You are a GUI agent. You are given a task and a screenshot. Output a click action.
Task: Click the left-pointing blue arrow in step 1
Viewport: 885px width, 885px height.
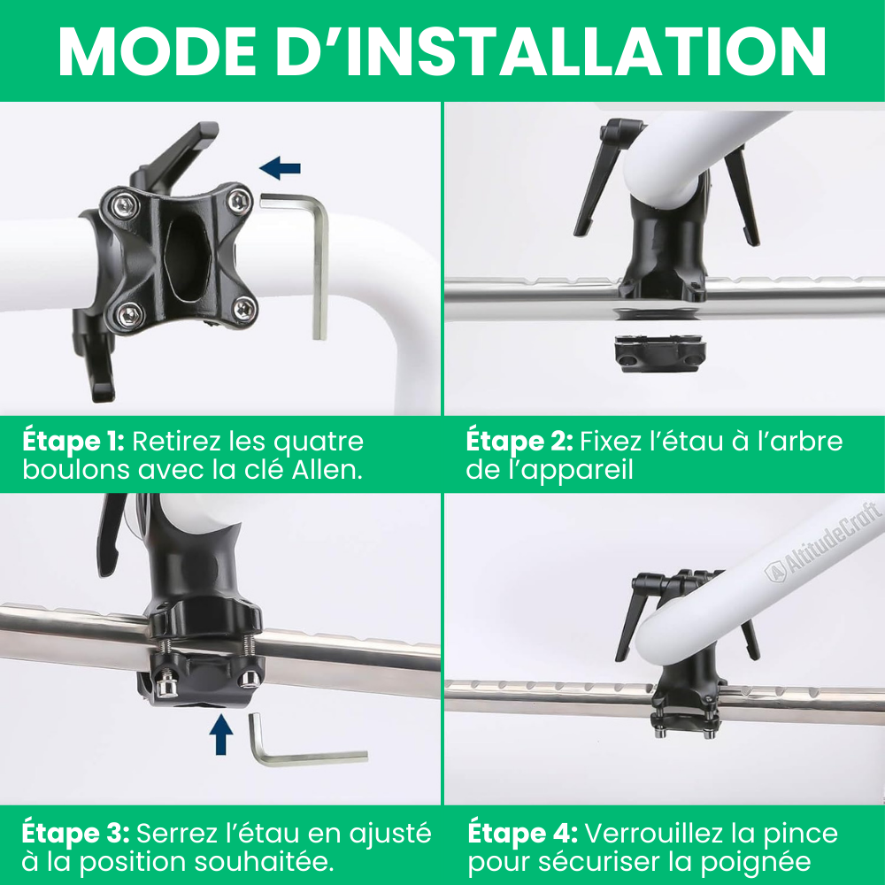click(x=280, y=167)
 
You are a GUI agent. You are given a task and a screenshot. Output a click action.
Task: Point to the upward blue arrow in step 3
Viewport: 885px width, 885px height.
click(x=221, y=735)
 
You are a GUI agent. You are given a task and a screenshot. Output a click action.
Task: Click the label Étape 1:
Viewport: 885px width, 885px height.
click(x=73, y=441)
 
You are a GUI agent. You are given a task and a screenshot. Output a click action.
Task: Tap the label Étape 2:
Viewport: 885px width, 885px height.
click(x=519, y=441)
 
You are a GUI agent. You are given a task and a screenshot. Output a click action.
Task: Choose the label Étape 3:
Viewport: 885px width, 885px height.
click(x=75, y=833)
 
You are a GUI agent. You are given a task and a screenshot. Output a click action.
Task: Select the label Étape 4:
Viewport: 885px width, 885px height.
click(x=523, y=833)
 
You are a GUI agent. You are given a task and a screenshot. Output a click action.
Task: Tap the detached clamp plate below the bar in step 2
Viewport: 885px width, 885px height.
click(x=660, y=353)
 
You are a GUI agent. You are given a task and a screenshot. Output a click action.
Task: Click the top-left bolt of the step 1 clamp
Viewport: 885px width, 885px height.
click(x=125, y=204)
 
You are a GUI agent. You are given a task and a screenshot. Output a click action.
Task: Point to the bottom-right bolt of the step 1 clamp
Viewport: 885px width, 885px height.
click(x=245, y=308)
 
